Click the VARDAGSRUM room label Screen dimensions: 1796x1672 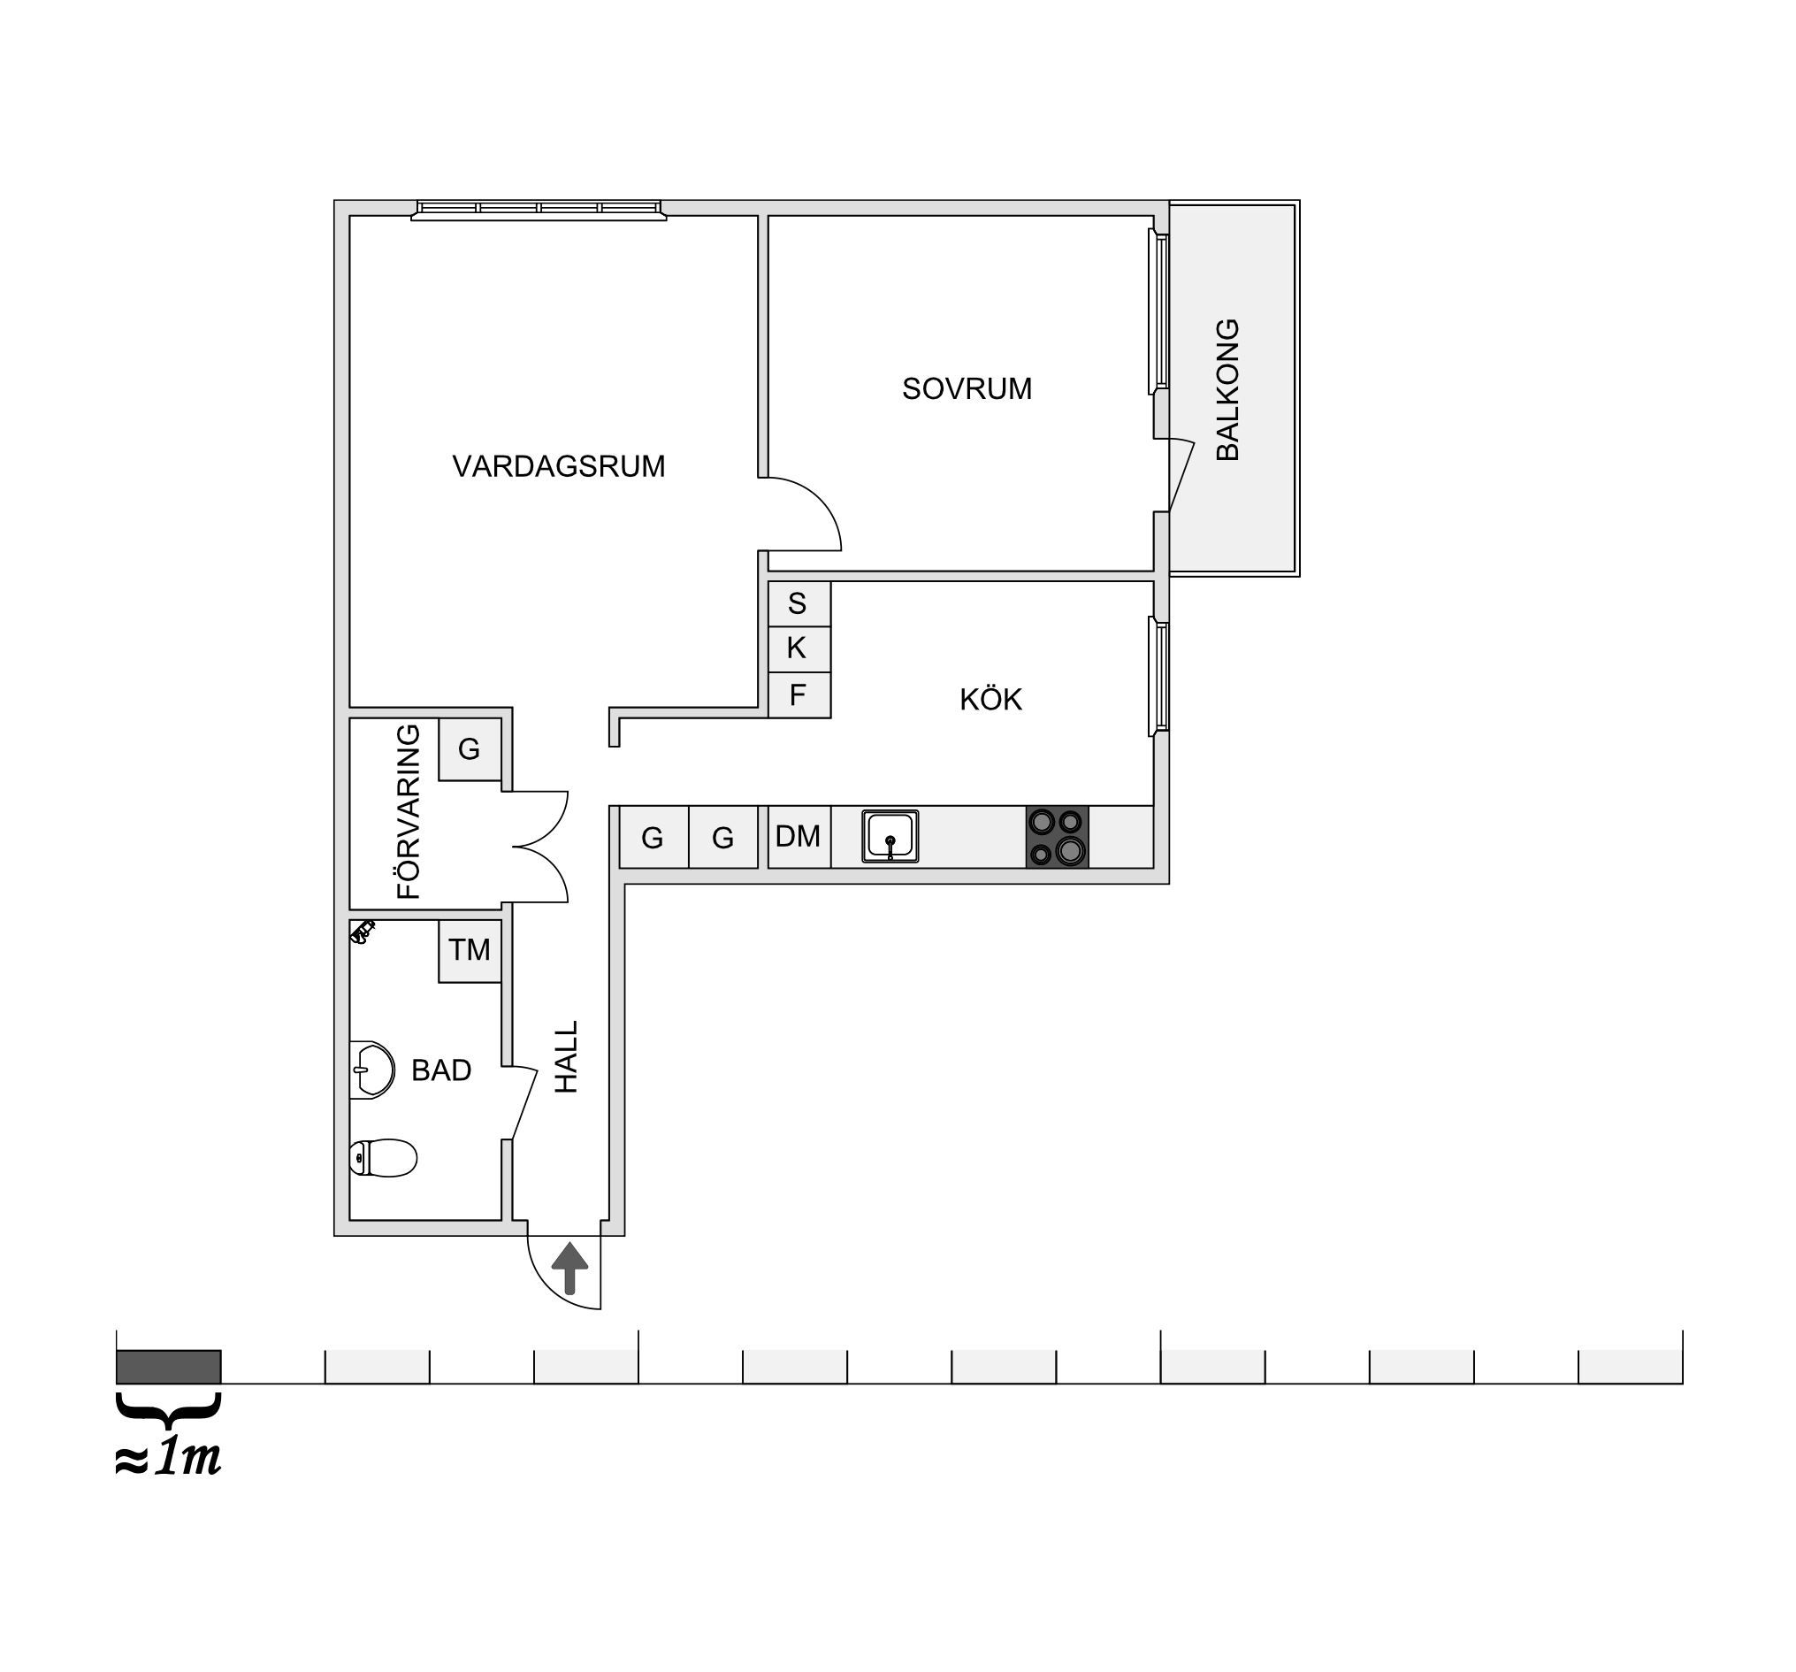point(558,466)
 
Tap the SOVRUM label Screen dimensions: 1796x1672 point(967,388)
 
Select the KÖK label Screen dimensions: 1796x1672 point(990,699)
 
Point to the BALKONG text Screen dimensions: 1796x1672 point(1227,389)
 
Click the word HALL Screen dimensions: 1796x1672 point(566,1057)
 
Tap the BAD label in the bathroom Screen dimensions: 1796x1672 point(441,1070)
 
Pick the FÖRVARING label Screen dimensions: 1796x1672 point(409,810)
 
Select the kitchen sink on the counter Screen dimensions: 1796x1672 point(890,836)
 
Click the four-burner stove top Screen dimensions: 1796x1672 point(1057,837)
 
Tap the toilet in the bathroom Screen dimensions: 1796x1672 point(383,1158)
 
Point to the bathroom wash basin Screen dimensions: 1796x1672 point(372,1070)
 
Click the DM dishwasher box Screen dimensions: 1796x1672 point(799,837)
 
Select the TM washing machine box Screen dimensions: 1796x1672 point(470,951)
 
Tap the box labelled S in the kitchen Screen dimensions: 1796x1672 point(799,603)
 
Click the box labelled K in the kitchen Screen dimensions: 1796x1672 point(799,649)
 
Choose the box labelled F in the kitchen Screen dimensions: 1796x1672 point(799,695)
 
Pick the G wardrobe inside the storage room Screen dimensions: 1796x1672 point(470,749)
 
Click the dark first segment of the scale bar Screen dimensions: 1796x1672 point(169,1367)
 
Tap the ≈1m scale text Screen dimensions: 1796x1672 point(168,1458)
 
